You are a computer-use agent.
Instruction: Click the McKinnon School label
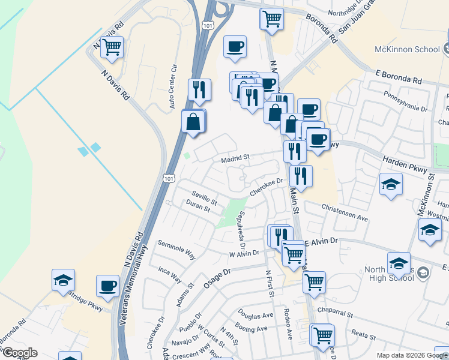coord(407,49)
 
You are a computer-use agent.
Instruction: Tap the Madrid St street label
coord(235,159)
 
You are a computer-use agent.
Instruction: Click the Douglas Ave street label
coord(255,315)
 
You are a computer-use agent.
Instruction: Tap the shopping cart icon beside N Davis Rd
coord(112,47)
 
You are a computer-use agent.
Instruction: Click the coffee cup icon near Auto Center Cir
coord(235,47)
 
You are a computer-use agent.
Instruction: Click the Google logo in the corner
coord(20,353)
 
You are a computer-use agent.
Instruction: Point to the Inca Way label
coord(169,275)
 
